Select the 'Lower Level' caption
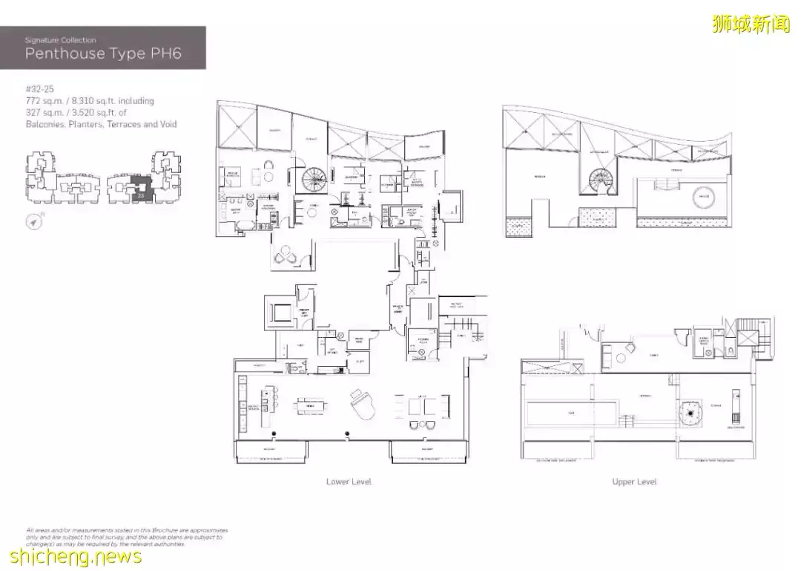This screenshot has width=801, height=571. click(349, 482)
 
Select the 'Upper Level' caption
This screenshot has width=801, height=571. click(634, 482)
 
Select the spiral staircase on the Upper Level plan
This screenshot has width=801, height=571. click(598, 180)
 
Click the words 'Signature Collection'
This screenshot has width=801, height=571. click(60, 40)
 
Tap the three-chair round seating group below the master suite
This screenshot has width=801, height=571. click(287, 255)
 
